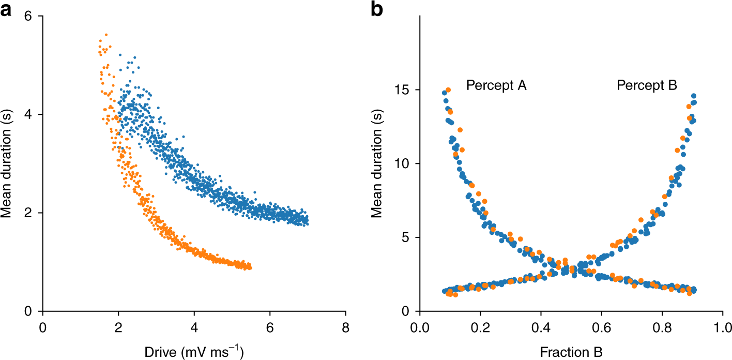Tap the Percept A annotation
coord(496,85)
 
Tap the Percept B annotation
coord(646,85)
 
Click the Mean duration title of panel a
coord(9,163)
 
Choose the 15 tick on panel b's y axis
coord(404,90)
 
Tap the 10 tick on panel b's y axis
coord(404,164)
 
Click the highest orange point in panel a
coord(106,35)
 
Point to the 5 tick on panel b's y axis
coord(407,237)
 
